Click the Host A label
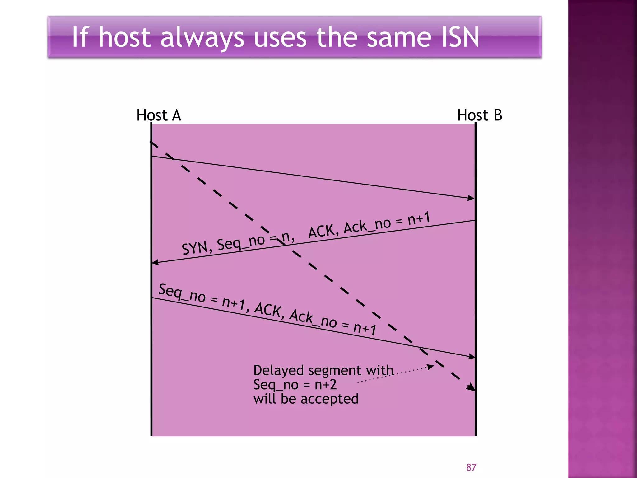coord(159,115)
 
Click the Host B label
coord(479,115)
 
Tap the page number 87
coord(471,467)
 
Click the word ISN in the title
coord(460,37)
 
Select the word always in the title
coord(202,38)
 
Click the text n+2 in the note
coord(325,385)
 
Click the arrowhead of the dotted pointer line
coord(431,367)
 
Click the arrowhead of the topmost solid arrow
coord(471,198)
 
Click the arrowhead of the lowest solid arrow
coord(472,357)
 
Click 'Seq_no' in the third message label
coord(182,293)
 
